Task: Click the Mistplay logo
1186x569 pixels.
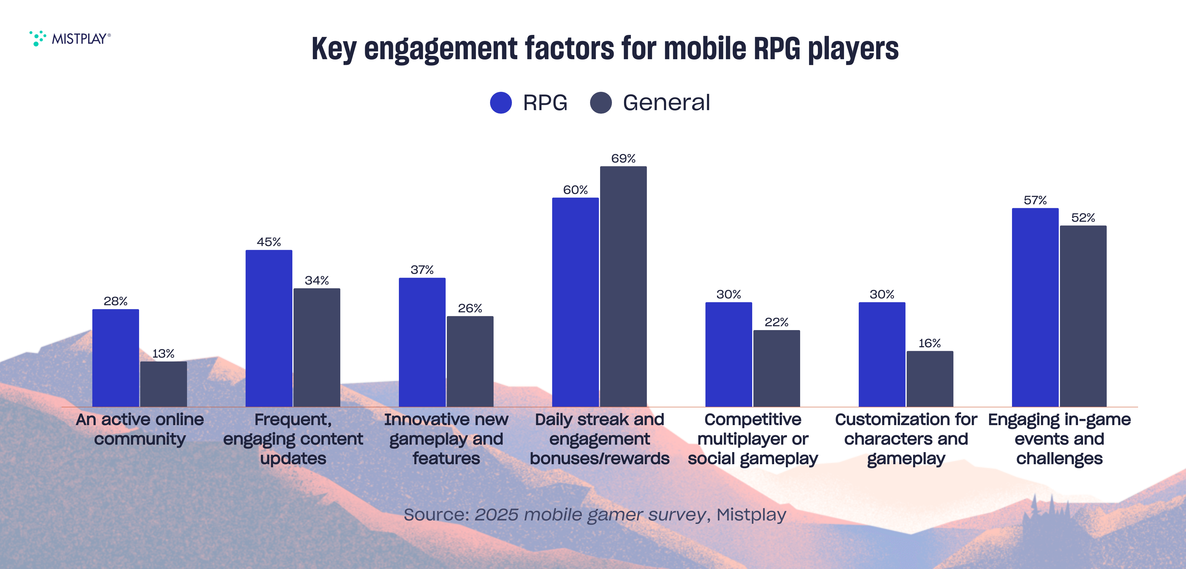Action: coord(70,38)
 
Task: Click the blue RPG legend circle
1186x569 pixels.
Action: coord(501,102)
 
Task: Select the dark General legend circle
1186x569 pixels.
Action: coord(600,102)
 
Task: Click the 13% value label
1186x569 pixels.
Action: coord(163,353)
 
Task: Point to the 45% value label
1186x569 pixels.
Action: coord(269,242)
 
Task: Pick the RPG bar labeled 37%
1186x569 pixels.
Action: coord(422,342)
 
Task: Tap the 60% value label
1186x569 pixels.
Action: coord(576,190)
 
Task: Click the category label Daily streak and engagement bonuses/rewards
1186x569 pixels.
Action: coord(600,439)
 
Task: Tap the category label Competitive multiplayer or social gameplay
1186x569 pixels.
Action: coord(753,439)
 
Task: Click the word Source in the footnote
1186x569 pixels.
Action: coord(436,515)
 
